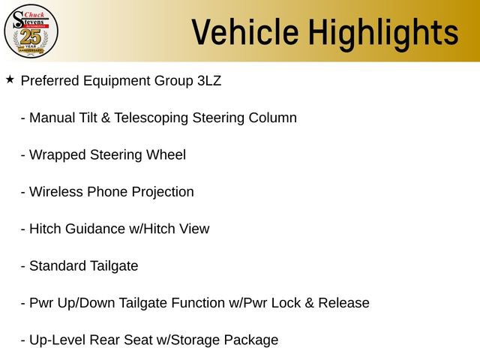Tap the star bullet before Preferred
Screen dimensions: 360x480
10,79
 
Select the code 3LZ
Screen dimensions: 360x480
208,81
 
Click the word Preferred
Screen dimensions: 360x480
50,81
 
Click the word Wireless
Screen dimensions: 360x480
56,192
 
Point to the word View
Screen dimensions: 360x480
194,229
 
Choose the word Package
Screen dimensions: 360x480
252,340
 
